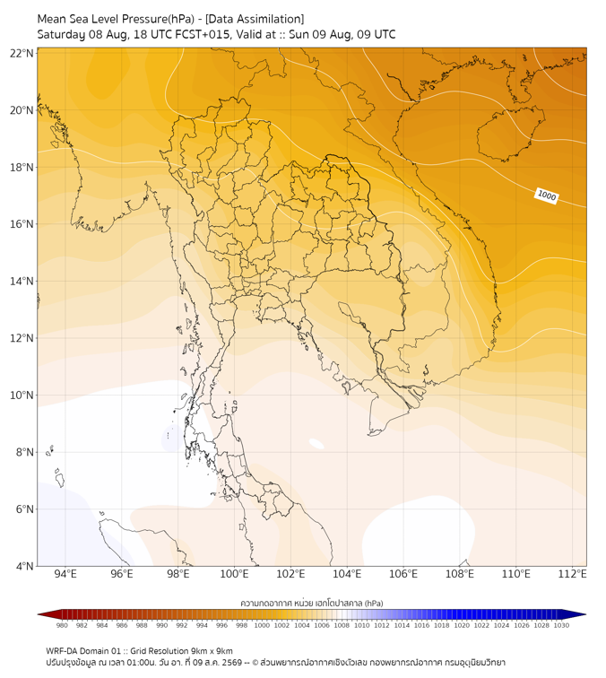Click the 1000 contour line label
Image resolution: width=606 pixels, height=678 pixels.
tap(546, 196)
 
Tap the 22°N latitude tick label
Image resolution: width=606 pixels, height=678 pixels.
tap(22, 53)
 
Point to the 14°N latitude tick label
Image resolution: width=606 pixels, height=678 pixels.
tap(22, 281)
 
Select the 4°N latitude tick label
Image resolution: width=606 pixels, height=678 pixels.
tap(24, 566)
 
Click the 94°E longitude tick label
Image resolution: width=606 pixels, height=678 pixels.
tap(65, 574)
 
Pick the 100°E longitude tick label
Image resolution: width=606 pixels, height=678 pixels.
tap(234, 574)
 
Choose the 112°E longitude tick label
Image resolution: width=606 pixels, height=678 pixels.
tap(572, 574)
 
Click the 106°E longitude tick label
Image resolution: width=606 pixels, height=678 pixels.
tap(403, 574)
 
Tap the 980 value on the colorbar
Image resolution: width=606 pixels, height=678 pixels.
tap(62, 625)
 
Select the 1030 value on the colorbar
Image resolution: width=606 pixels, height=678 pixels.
tap(561, 625)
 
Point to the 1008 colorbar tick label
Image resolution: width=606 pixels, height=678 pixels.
tap(342, 625)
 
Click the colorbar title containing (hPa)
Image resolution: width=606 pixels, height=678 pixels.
tap(312, 603)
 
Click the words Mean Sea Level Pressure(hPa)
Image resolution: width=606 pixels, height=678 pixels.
tap(116, 19)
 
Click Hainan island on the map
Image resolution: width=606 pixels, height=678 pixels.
tap(510, 132)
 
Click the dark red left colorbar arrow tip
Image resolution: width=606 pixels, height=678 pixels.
tap(38, 614)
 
